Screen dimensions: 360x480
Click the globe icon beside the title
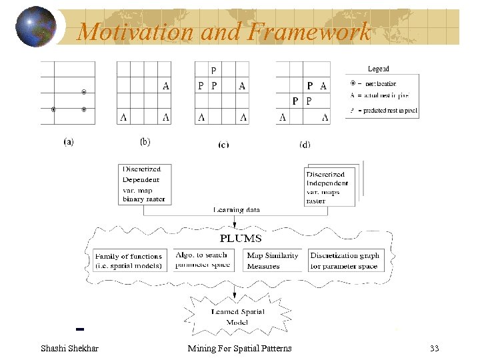pyautogui.click(x=35, y=27)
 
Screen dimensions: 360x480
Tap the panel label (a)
pyautogui.click(x=68, y=141)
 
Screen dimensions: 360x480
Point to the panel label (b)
pyautogui.click(x=145, y=141)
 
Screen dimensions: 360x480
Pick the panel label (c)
pyautogui.click(x=223, y=143)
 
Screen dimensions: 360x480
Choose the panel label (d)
pyautogui.click(x=304, y=144)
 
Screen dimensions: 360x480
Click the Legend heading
pyautogui.click(x=379, y=69)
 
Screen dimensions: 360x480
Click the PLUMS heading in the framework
pyautogui.click(x=241, y=238)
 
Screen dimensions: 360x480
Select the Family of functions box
pyautogui.click(x=129, y=261)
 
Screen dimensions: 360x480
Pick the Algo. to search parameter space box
pyautogui.click(x=201, y=260)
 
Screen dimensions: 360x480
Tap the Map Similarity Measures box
pyautogui.click(x=273, y=261)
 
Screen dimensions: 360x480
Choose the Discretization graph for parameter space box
pyautogui.click(x=345, y=261)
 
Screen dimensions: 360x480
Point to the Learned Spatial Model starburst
pyautogui.click(x=238, y=317)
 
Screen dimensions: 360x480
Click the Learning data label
pyautogui.click(x=237, y=210)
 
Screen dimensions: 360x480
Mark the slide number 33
pyautogui.click(x=435, y=348)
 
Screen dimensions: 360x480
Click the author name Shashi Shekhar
pyautogui.click(x=69, y=348)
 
